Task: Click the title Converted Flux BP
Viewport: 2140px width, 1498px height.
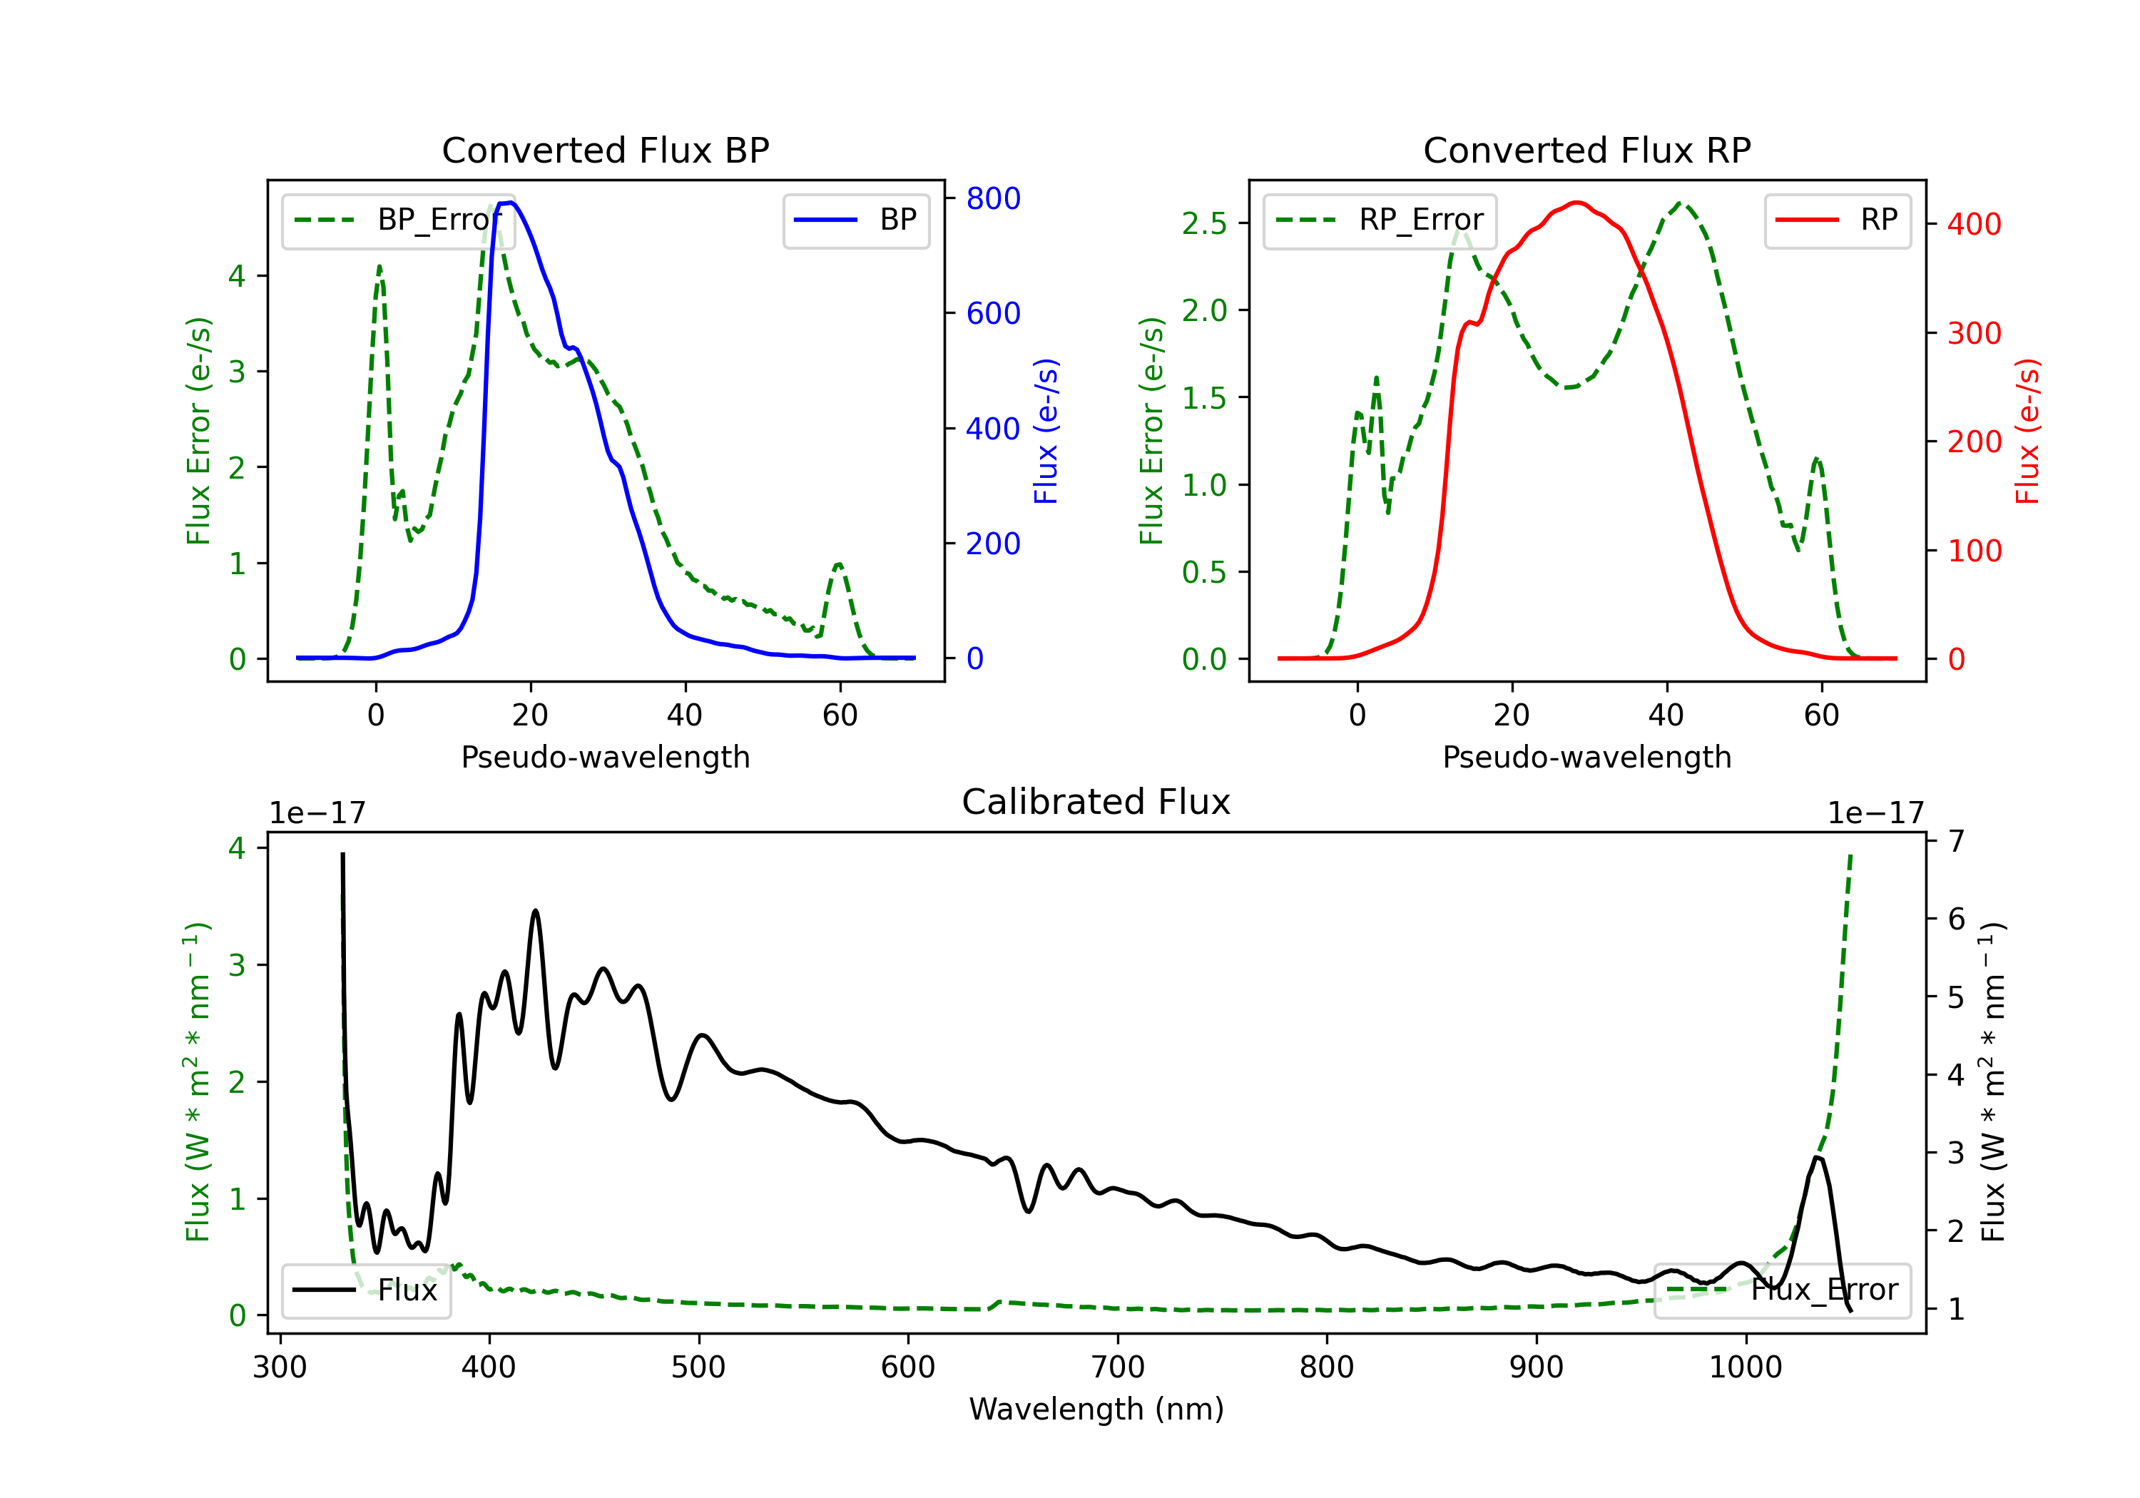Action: [x=606, y=150]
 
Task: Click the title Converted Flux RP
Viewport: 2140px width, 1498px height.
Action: [x=1587, y=150]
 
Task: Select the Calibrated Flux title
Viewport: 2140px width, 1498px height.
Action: [x=1096, y=802]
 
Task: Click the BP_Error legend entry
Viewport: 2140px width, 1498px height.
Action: [x=398, y=220]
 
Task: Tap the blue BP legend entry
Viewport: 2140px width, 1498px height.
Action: [x=855, y=220]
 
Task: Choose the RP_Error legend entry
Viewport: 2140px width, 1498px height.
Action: [x=1380, y=220]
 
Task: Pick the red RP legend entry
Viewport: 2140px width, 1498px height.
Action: [x=1837, y=220]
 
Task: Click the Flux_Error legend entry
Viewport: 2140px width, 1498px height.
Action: [x=1782, y=1290]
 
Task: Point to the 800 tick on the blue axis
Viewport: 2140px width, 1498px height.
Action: [x=994, y=198]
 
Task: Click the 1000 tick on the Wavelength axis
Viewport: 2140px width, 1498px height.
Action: [x=1746, y=1367]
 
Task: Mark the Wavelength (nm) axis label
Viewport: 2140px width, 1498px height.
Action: [x=1096, y=1410]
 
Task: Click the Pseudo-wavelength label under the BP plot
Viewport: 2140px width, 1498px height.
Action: [x=606, y=757]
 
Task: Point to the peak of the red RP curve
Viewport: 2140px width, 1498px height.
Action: [x=1576, y=203]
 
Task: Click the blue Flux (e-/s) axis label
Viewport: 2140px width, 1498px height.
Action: [x=1046, y=432]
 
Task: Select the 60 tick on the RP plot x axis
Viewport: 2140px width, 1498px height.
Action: [x=1821, y=715]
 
